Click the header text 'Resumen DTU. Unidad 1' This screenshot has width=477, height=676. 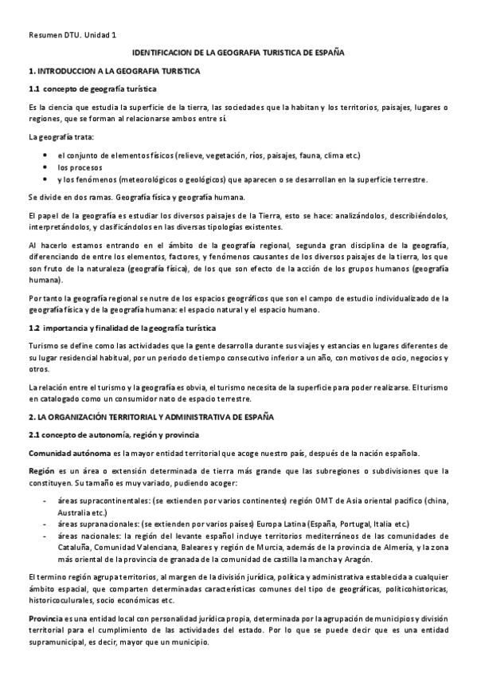(72, 36)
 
